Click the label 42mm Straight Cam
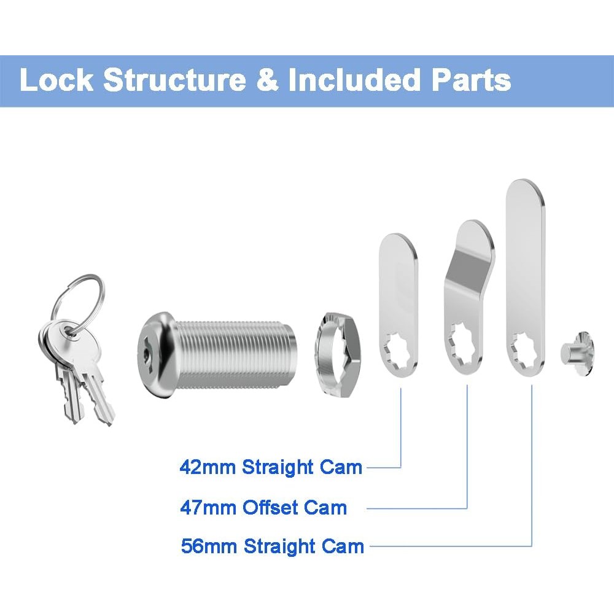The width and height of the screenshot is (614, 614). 271,467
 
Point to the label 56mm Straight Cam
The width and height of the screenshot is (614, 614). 272,546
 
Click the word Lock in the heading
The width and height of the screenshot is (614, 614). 56,80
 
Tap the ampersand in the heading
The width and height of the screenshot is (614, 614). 267,80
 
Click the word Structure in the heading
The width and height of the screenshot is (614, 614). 174,80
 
